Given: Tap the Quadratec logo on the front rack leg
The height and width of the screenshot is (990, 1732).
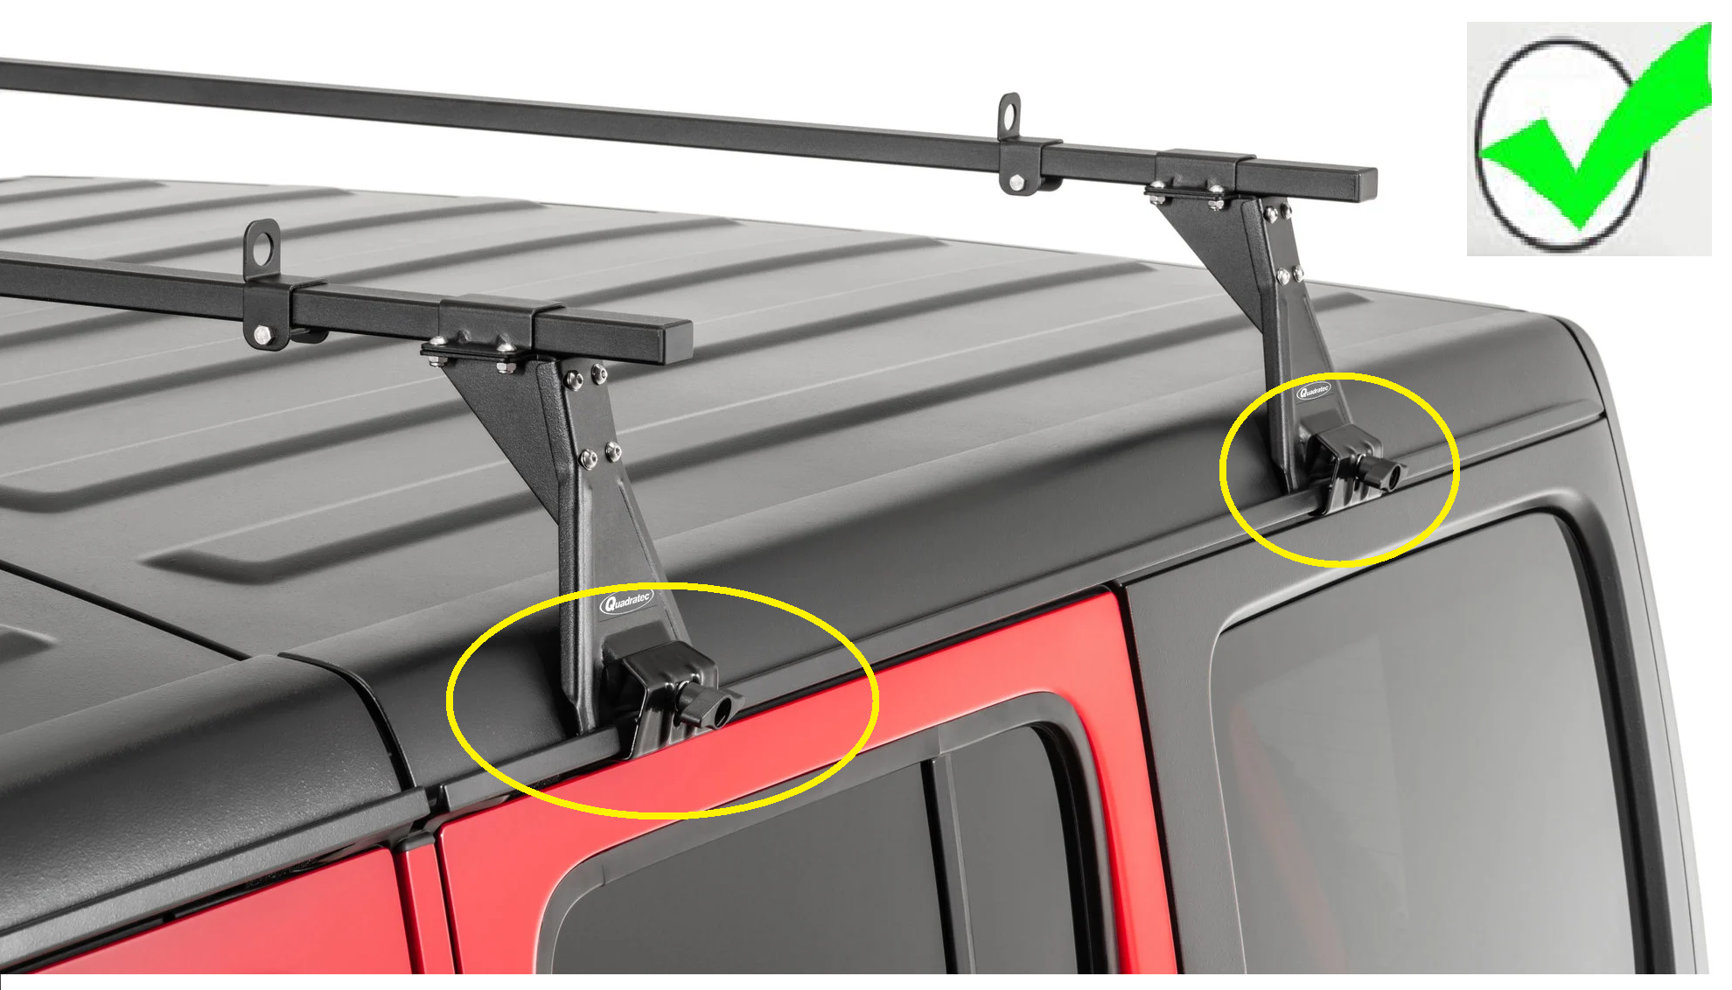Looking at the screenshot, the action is pos(626,602).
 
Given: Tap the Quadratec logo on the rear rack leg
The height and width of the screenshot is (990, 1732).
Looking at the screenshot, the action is pos(1313,391).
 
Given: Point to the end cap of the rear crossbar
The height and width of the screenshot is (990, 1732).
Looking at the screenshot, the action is pos(1365,185).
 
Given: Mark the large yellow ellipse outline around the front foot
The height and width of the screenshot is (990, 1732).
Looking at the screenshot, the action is pos(448,700).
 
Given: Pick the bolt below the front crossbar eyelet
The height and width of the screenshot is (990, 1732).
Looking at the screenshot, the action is pos(262,333).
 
